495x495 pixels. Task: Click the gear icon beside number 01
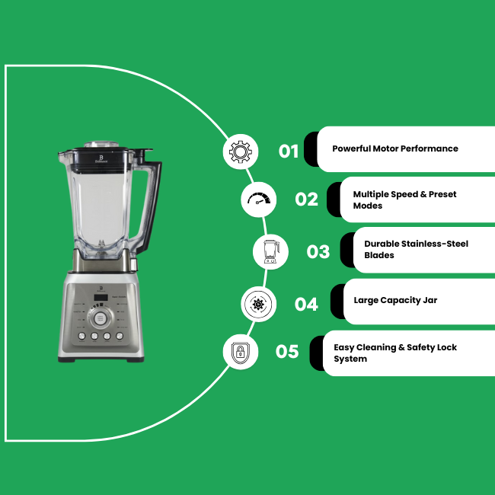coord(241,152)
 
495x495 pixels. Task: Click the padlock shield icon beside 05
coord(240,353)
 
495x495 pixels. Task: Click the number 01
coord(289,152)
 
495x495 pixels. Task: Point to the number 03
coord(318,252)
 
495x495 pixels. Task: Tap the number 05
coord(287,352)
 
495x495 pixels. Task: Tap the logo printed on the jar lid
coord(101,158)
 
